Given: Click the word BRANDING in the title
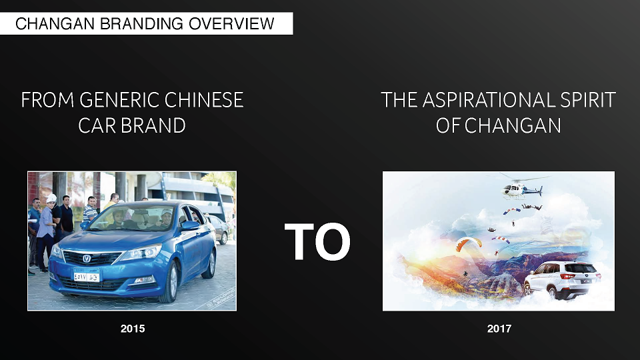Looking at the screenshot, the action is click(x=141, y=24).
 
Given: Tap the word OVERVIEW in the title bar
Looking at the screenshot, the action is click(x=231, y=24).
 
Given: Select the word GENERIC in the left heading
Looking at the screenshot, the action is click(x=119, y=100).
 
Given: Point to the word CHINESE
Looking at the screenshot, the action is click(x=204, y=100).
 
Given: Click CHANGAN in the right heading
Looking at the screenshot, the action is click(x=513, y=126).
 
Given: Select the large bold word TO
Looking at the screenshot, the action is click(x=317, y=241).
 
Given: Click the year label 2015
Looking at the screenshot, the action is click(x=133, y=329).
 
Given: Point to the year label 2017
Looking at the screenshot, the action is click(x=499, y=329).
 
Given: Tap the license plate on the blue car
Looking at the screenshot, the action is click(x=86, y=276).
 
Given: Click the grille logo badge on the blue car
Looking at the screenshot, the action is click(x=87, y=259).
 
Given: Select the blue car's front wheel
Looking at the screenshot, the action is click(x=171, y=281).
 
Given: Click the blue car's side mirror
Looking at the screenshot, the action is click(x=190, y=226).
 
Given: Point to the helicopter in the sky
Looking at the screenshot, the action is click(x=521, y=188).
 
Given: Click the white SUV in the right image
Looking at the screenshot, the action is click(x=563, y=280).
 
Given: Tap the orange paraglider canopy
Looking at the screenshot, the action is click(x=468, y=243).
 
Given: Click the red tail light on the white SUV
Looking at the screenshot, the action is click(x=567, y=276).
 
